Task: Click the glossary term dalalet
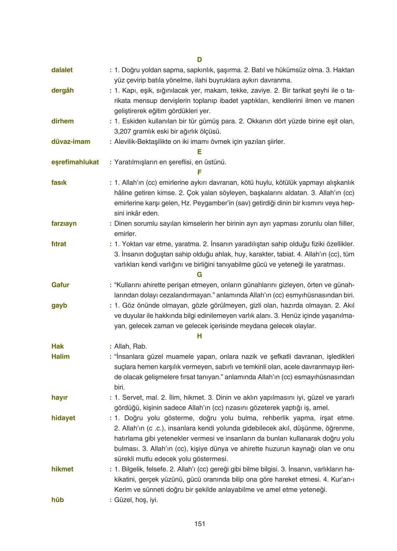click(62, 70)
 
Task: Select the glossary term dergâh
click(63, 90)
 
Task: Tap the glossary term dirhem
click(63, 121)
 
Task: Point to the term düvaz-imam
click(71, 142)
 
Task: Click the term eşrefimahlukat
click(75, 162)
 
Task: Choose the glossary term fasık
click(59, 183)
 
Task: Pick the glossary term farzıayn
click(64, 223)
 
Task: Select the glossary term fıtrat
click(59, 244)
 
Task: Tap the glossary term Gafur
click(60, 285)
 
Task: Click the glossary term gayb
click(59, 305)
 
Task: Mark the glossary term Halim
click(60, 357)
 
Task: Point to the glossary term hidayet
click(63, 418)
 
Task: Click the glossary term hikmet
click(62, 469)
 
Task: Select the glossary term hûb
click(57, 500)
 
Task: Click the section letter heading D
click(200, 60)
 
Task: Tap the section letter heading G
click(200, 275)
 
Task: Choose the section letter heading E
click(200, 152)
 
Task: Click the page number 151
click(200, 524)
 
